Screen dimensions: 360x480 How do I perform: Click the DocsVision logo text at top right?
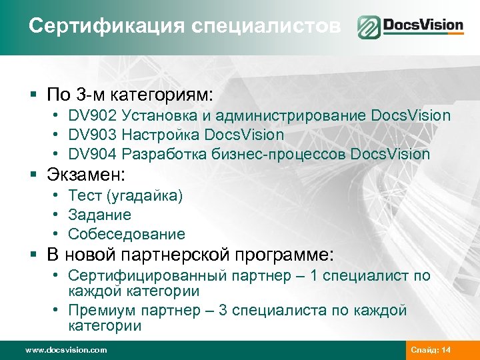tap(423, 27)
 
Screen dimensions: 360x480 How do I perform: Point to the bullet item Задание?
tap(99, 215)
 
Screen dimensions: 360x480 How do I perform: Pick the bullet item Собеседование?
tap(127, 235)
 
